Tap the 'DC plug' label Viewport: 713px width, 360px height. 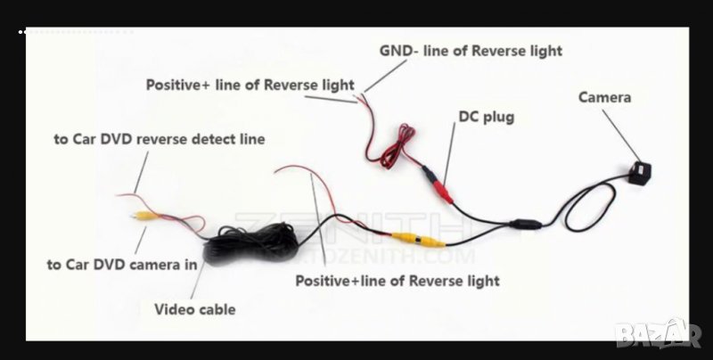486,117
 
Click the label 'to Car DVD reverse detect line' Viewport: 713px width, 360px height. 160,140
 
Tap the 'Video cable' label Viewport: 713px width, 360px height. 195,309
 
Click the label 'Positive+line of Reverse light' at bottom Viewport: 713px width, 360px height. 397,281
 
